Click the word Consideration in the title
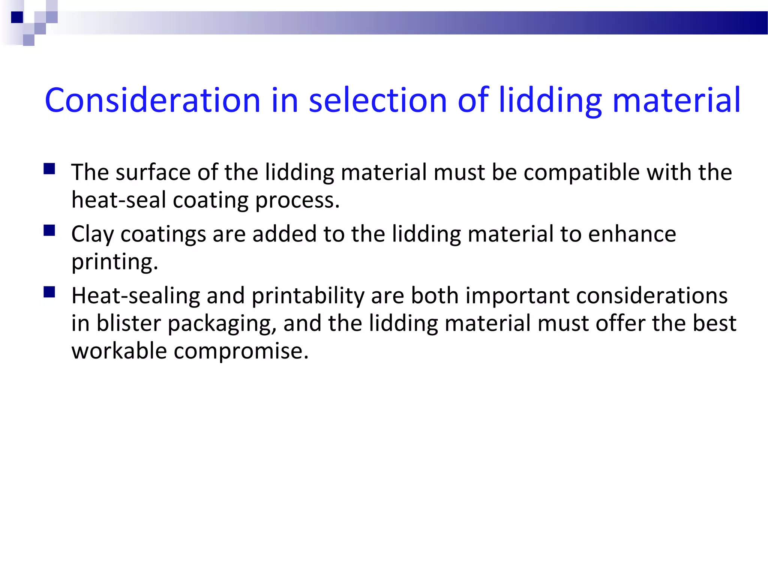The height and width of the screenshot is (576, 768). (x=152, y=100)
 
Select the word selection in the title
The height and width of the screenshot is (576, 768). (x=378, y=100)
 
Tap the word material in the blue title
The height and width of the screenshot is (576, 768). (x=676, y=100)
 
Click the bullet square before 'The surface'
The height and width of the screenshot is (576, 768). (x=49, y=169)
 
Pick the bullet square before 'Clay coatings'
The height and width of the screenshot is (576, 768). (x=49, y=230)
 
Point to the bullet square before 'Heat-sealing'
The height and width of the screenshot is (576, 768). (x=49, y=292)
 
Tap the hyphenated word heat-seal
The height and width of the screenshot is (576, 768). (x=118, y=200)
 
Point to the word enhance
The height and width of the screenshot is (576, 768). (x=632, y=234)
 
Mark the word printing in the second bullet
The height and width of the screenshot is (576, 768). (x=114, y=262)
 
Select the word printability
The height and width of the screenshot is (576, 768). (x=308, y=296)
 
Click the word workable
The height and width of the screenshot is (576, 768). (x=119, y=351)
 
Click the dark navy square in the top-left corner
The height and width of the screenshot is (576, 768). (x=17, y=17)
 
